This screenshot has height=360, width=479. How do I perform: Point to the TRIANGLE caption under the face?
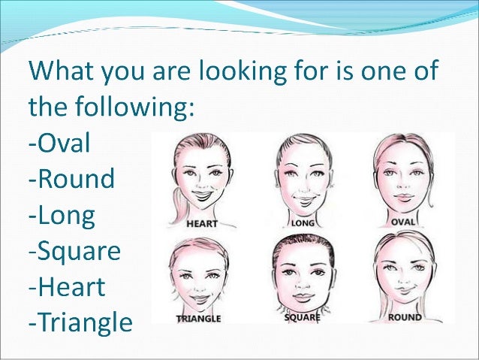click(x=198, y=319)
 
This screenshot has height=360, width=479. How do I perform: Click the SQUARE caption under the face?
click(x=303, y=318)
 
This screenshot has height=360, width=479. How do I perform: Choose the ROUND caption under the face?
click(x=405, y=317)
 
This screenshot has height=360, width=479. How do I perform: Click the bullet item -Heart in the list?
click(x=67, y=288)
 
